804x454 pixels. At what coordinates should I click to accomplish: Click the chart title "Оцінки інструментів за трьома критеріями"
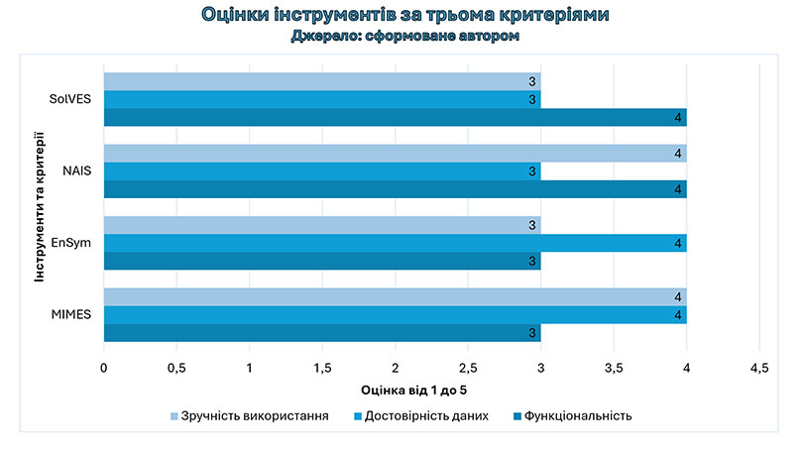(404, 15)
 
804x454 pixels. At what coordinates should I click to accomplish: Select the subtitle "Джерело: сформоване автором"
(404, 36)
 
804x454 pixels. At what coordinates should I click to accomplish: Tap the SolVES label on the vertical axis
(71, 99)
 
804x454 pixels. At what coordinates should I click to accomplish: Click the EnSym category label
(73, 243)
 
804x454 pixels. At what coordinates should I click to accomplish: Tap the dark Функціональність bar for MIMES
(322, 333)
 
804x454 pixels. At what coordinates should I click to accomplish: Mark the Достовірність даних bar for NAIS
(322, 171)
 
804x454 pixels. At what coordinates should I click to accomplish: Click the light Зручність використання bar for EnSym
(322, 225)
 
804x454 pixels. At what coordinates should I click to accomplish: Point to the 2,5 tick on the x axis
(468, 368)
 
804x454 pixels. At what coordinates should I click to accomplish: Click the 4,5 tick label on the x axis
(758, 368)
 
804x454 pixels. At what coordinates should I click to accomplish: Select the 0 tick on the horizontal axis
(104, 368)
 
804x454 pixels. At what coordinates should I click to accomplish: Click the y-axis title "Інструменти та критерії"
(40, 207)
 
